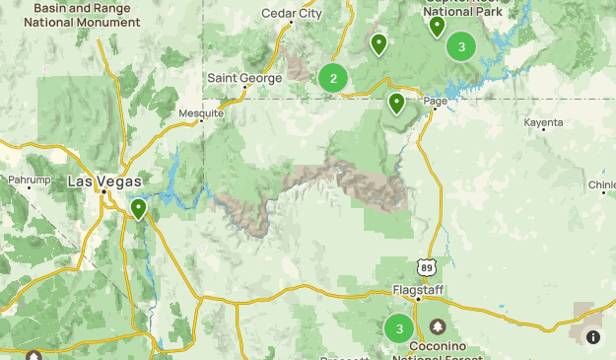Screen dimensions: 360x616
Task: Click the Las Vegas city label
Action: tap(104, 181)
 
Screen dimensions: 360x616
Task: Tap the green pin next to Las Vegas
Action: tap(139, 208)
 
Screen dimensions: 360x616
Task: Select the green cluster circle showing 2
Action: tap(333, 78)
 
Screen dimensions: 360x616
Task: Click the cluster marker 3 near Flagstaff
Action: tap(398, 328)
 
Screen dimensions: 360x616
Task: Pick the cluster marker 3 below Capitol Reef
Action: tap(461, 46)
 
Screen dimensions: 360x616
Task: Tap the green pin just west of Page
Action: tap(396, 103)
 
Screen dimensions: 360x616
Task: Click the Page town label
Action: tap(435, 102)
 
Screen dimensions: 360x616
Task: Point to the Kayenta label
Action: tap(544, 123)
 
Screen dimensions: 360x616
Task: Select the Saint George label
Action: tap(243, 77)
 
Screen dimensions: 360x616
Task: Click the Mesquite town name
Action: tap(201, 113)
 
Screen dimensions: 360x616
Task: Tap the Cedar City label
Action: tap(292, 14)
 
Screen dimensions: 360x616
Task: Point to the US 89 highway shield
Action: tap(426, 266)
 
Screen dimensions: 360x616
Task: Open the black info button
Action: tap(593, 337)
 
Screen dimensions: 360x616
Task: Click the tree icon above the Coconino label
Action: tap(437, 326)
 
